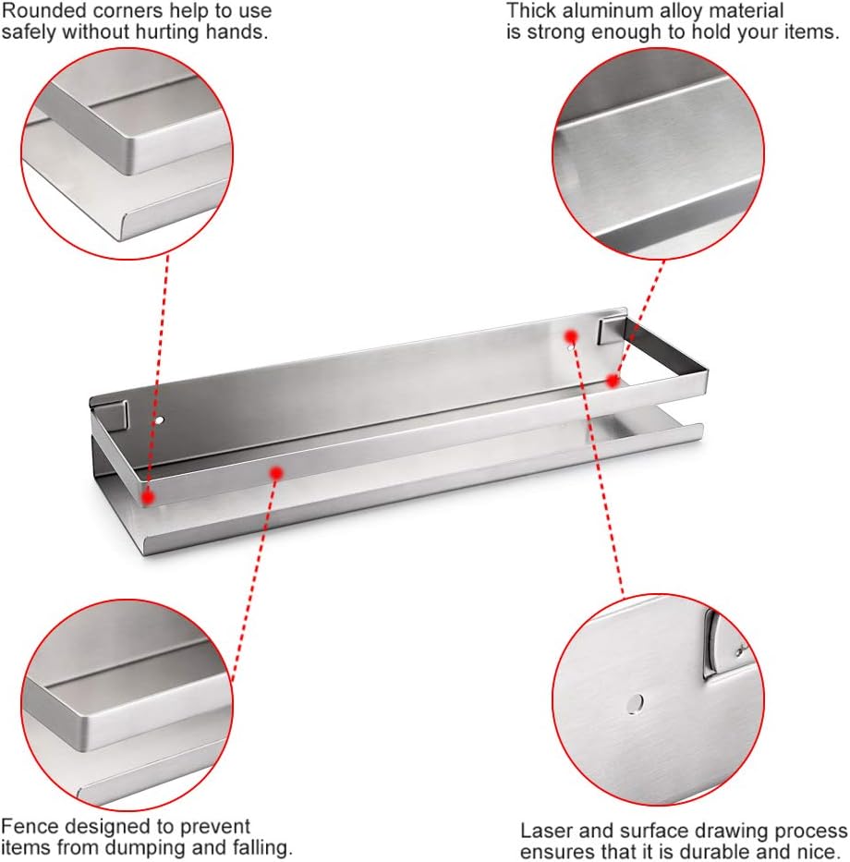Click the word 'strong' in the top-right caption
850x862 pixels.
(556, 33)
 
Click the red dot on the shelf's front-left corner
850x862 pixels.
(147, 497)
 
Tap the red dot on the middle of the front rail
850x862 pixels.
(276, 473)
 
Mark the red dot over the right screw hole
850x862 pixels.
(571, 336)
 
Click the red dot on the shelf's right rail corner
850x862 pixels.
(613, 380)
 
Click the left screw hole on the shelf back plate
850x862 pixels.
(160, 420)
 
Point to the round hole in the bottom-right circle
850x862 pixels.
(635, 703)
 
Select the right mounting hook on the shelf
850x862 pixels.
(613, 329)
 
